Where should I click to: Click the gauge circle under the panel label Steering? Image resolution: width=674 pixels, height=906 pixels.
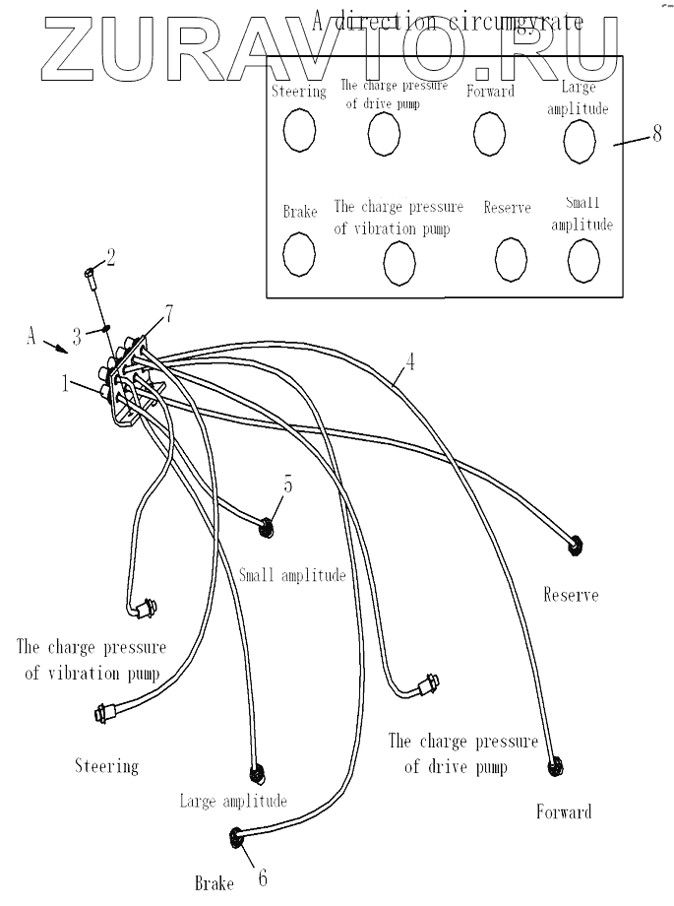click(299, 131)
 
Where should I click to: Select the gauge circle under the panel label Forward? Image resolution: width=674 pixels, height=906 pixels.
click(489, 133)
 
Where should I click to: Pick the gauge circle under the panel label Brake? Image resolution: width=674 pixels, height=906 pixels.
click(298, 253)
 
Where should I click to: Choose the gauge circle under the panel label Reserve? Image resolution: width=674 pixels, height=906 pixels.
click(511, 258)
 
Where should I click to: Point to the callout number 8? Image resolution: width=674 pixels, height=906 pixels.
click(656, 135)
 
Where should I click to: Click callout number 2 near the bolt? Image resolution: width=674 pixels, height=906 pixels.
click(110, 258)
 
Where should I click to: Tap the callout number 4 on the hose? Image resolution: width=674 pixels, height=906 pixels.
click(410, 361)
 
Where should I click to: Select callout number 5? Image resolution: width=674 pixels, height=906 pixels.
click(288, 484)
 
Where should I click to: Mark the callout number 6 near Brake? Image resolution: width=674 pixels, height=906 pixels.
click(262, 877)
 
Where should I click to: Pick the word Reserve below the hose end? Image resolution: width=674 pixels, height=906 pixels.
click(570, 595)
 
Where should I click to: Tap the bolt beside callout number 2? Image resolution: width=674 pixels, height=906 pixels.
click(91, 278)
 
